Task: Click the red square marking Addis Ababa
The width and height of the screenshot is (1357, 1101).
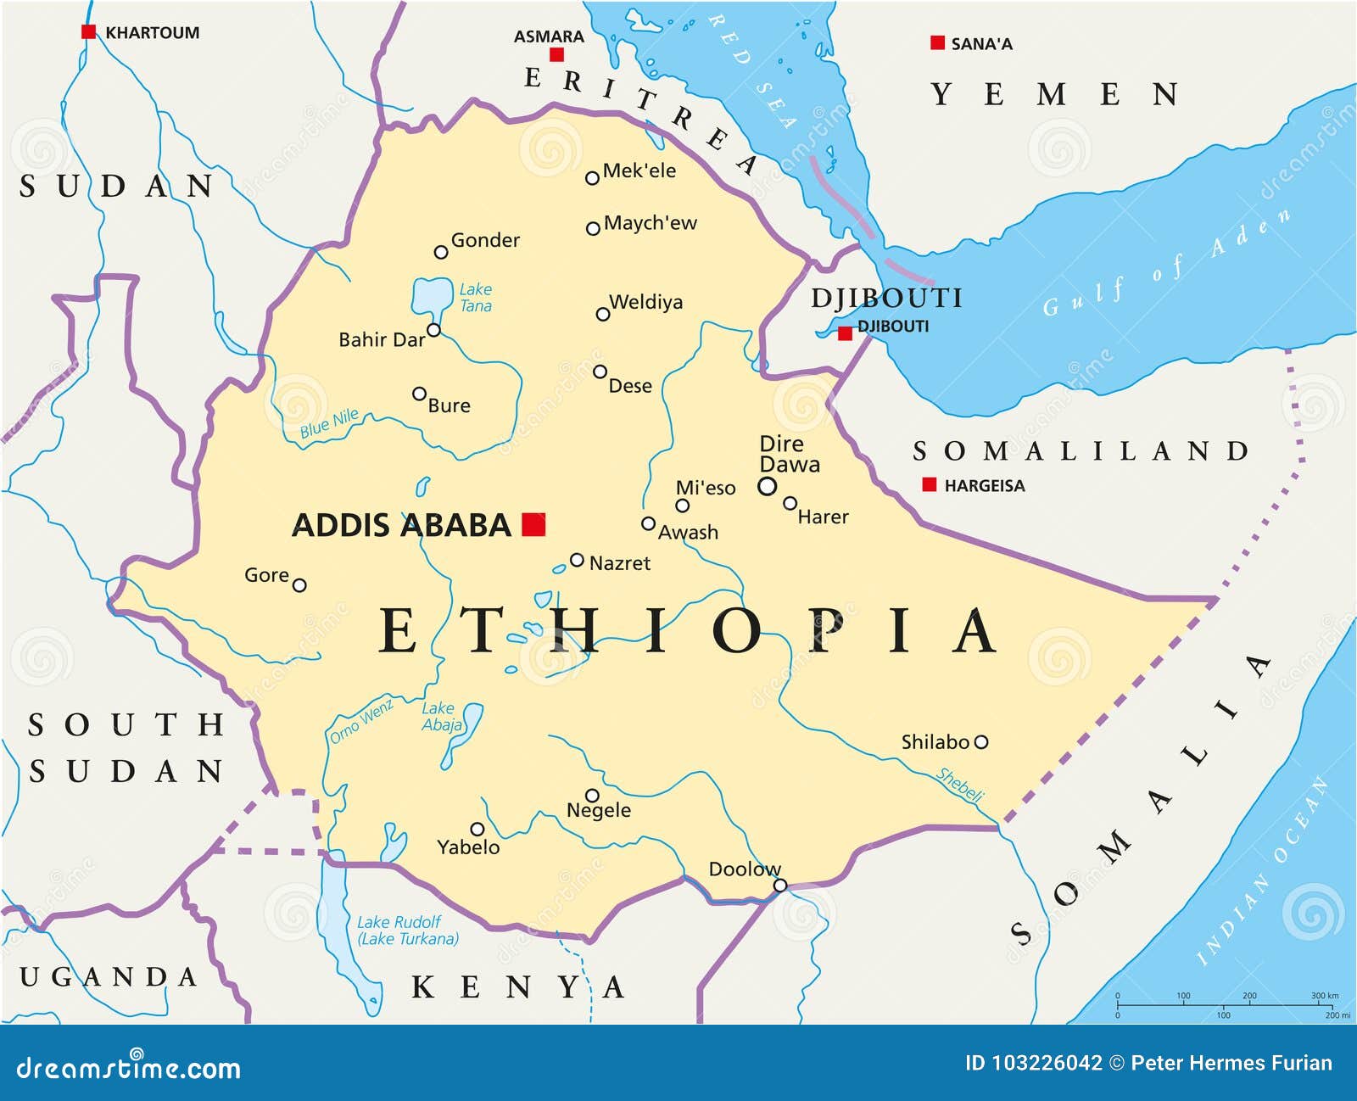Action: coord(533,524)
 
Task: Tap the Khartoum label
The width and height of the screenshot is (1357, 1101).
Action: coord(152,33)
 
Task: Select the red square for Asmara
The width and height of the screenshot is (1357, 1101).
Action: coord(556,54)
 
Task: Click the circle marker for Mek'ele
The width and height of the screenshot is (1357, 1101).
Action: coord(592,178)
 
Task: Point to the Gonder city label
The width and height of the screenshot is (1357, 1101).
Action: coord(485,240)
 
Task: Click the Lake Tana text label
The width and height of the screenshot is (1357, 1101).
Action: coord(475,298)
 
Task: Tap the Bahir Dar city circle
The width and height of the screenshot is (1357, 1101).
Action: coord(433,330)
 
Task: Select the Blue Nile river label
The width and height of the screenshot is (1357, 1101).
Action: coord(329,423)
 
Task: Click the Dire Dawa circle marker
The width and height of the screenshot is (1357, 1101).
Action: coord(767,486)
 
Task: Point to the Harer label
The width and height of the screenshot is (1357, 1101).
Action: coord(823,517)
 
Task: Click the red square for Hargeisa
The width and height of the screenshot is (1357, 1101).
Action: coord(930,484)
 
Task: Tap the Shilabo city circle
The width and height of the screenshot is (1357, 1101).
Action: coord(981,742)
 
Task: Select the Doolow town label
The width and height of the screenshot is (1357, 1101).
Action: coord(744,869)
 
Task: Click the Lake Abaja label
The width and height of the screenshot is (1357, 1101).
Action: coord(441,717)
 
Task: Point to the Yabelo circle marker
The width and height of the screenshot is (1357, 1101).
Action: coord(477,829)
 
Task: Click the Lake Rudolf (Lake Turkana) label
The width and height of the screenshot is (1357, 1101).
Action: coord(407,931)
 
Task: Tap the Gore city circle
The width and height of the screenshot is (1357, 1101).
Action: coord(299,585)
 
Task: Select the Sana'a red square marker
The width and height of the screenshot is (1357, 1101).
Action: coord(937,42)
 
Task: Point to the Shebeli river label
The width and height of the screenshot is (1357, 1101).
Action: coord(960,785)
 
